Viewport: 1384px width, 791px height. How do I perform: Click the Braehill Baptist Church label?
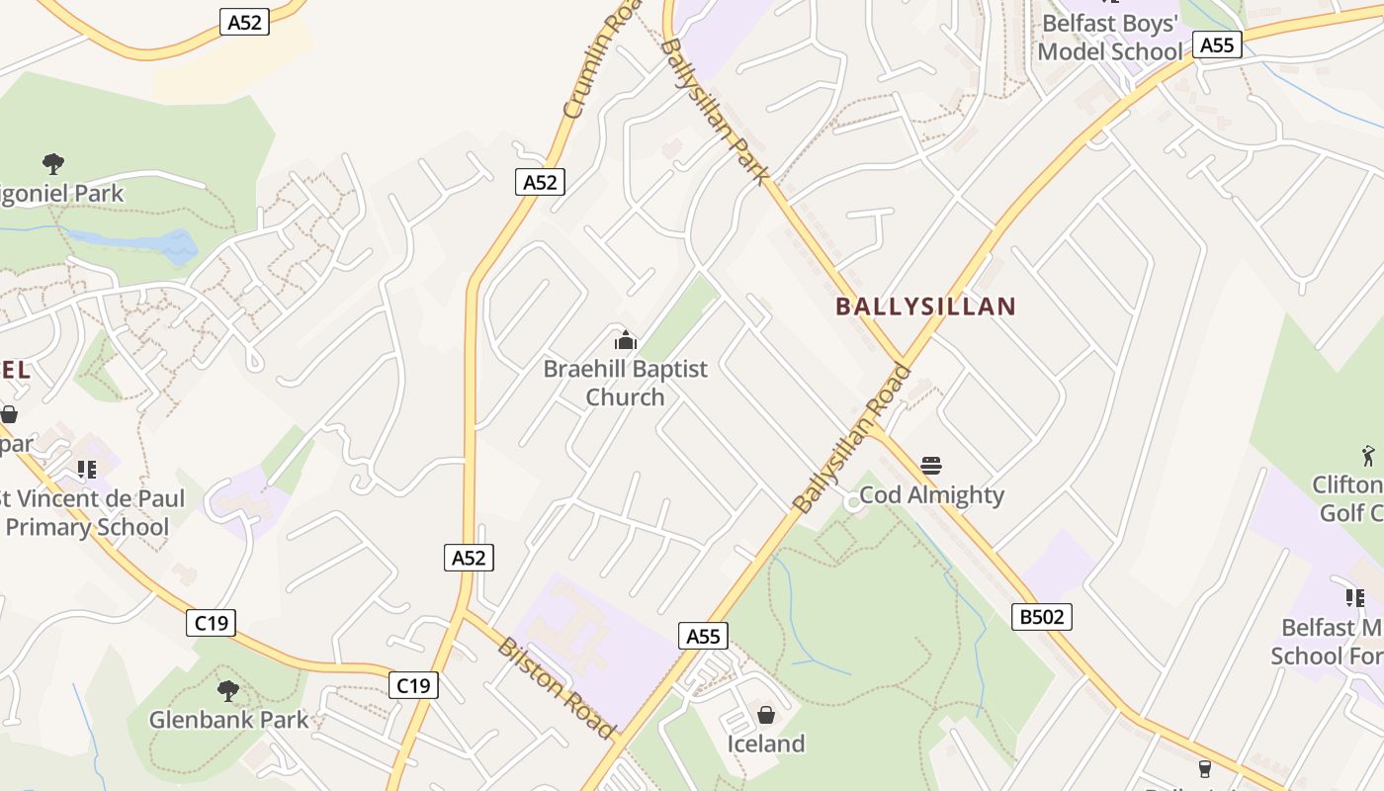pos(625,383)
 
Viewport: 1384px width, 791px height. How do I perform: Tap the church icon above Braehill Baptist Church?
pos(625,341)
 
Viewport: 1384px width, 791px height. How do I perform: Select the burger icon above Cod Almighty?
pos(930,465)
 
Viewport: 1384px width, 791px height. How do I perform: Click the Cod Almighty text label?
pos(931,494)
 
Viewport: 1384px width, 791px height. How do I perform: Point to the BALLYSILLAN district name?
pos(925,307)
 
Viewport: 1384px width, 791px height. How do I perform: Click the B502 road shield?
pos(1042,617)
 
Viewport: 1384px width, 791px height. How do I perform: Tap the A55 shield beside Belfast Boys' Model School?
pos(1217,44)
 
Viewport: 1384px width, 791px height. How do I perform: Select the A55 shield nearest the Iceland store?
pos(703,636)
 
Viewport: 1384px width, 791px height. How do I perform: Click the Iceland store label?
pos(766,743)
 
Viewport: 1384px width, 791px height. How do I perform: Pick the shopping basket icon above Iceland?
pos(765,714)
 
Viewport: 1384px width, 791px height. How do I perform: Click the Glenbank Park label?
pos(228,719)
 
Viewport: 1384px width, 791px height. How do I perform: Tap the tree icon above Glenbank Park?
pos(228,689)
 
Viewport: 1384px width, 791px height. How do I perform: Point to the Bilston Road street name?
pos(556,688)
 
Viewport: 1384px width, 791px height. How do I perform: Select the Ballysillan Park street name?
pos(714,111)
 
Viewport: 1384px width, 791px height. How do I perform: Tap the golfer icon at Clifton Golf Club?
pos(1369,455)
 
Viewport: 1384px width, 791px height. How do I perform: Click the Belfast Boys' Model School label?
pos(1109,37)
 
